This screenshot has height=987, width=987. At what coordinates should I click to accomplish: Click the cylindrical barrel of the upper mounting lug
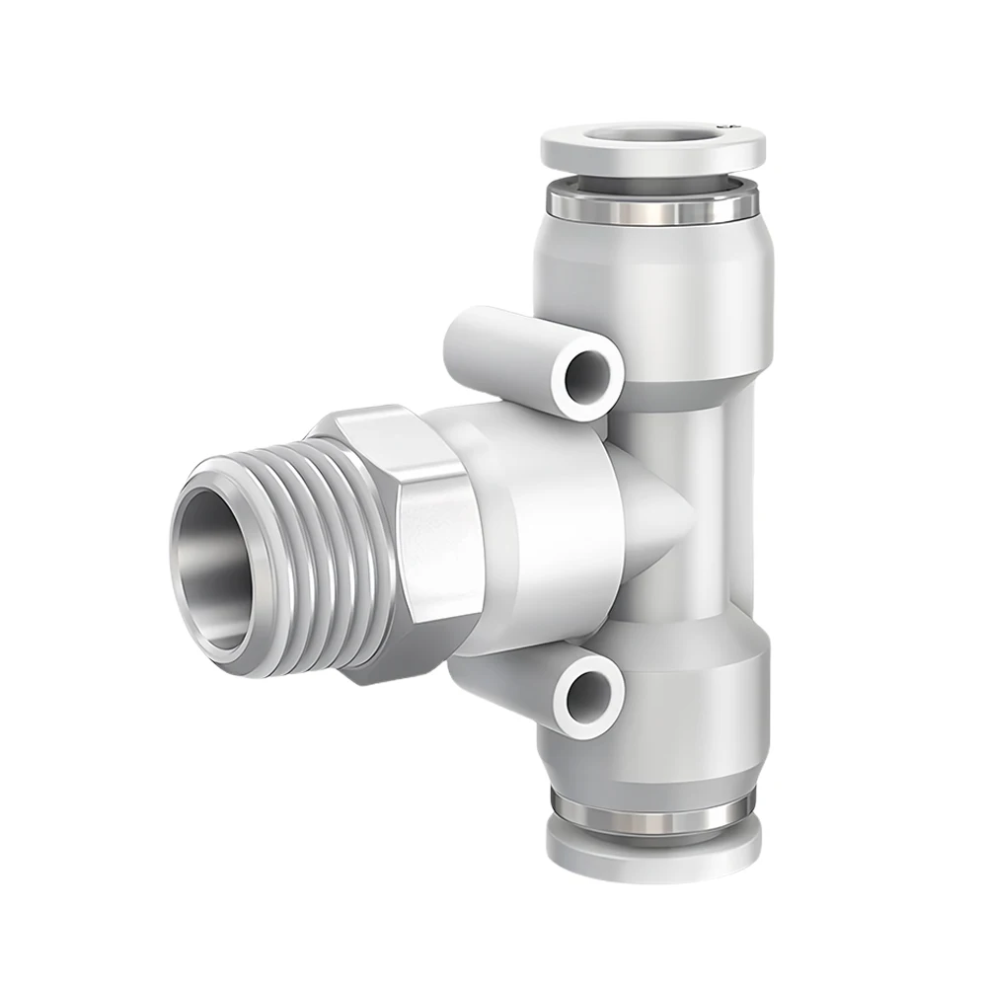pos(493,341)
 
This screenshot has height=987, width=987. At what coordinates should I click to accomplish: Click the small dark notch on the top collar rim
pos(727,125)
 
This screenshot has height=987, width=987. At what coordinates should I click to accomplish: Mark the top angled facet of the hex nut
pos(395,434)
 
